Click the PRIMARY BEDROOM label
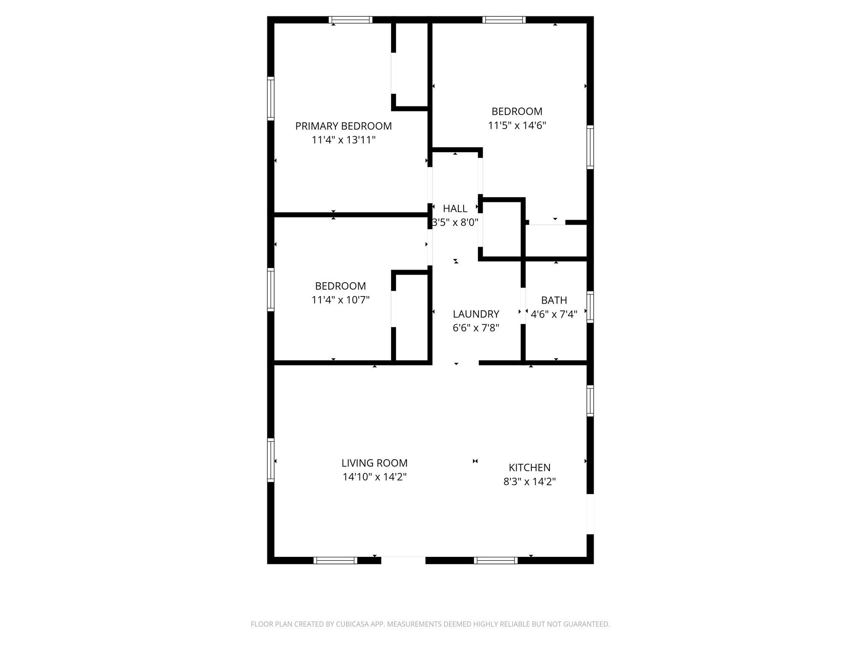pyautogui.click(x=343, y=126)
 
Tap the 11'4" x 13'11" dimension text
pyautogui.click(x=343, y=140)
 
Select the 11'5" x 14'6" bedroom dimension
pyautogui.click(x=517, y=125)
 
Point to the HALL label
pyautogui.click(x=455, y=209)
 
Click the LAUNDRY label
pyautogui.click(x=475, y=314)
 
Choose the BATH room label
pyautogui.click(x=554, y=300)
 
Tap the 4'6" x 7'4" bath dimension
pyautogui.click(x=554, y=314)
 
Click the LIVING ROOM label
pyautogui.click(x=374, y=463)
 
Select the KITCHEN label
pyautogui.click(x=529, y=468)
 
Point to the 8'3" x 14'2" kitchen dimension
pyautogui.click(x=529, y=482)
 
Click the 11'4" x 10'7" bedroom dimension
pyautogui.click(x=340, y=300)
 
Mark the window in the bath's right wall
pyautogui.click(x=590, y=307)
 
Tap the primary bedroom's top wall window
pyautogui.click(x=350, y=19)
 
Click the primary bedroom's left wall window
pyautogui.click(x=271, y=99)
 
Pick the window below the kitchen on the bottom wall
pyautogui.click(x=496, y=560)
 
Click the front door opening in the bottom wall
pyautogui.click(x=403, y=560)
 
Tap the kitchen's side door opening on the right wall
pyautogui.click(x=590, y=514)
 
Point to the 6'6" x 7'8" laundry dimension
pyautogui.click(x=475, y=328)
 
